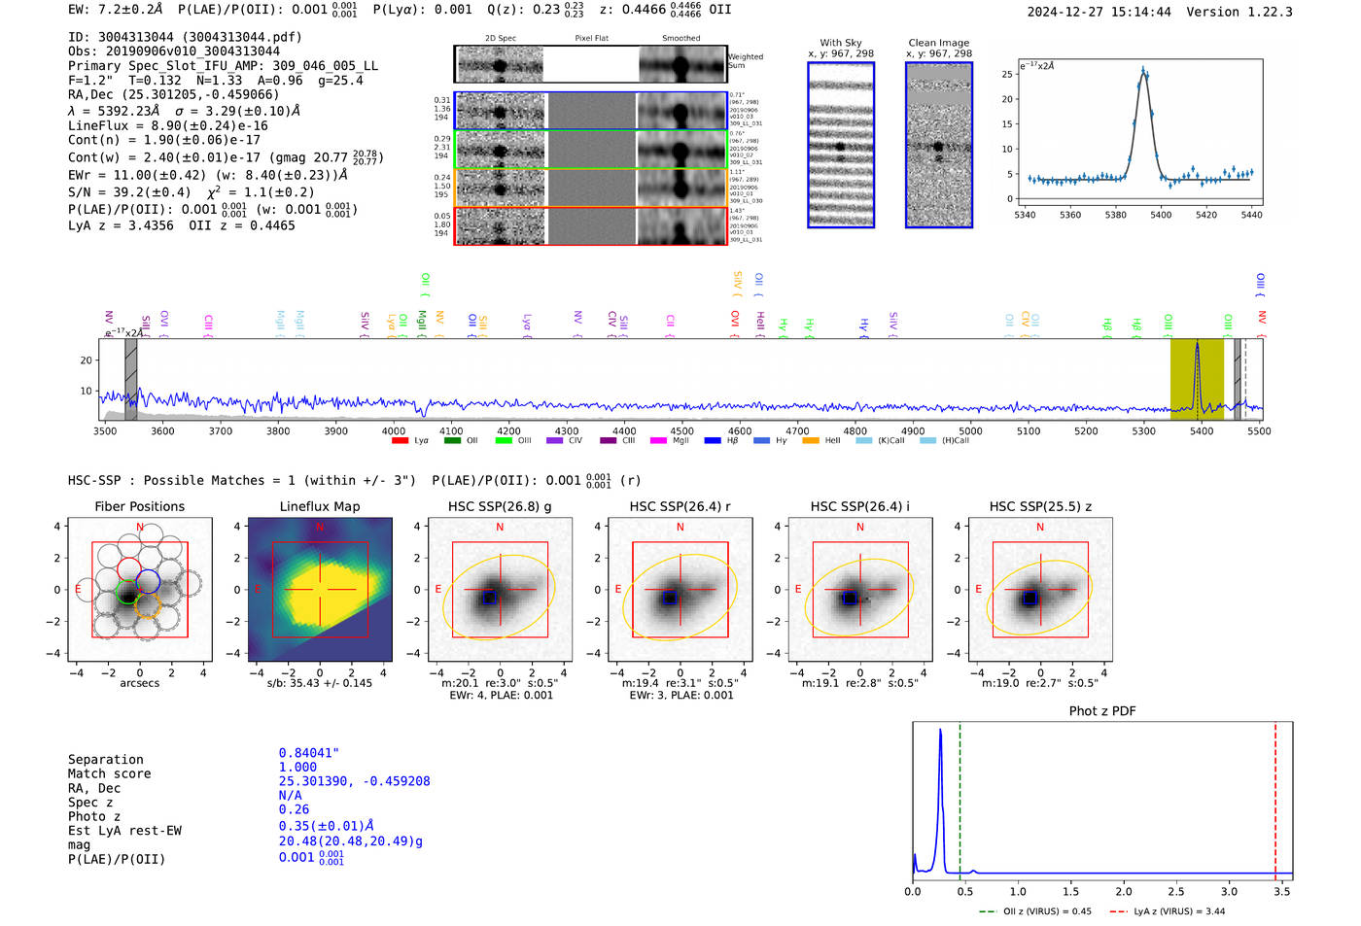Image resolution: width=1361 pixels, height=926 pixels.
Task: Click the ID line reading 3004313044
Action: click(185, 37)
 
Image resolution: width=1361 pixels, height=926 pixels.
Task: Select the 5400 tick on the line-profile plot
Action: click(1161, 215)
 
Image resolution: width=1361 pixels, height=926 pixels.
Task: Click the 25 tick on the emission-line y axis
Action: click(1007, 74)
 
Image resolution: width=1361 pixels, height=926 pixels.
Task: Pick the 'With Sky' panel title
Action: click(840, 43)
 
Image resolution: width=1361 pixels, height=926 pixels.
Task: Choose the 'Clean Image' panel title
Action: click(938, 43)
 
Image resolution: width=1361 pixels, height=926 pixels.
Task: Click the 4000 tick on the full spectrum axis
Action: click(393, 431)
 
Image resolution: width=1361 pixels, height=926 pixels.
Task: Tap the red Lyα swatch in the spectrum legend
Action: click(400, 441)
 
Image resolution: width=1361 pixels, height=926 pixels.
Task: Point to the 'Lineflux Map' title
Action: click(319, 506)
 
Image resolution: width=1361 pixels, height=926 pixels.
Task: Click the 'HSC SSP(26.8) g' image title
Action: click(499, 506)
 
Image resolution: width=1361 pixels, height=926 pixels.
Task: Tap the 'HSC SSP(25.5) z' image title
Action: click(1039, 506)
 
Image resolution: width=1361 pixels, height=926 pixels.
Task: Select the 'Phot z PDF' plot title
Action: click(1101, 711)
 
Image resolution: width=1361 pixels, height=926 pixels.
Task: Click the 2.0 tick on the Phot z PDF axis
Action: click(1123, 891)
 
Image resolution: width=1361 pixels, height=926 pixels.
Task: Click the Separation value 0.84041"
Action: click(308, 753)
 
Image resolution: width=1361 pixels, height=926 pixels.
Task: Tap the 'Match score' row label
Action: click(109, 774)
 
